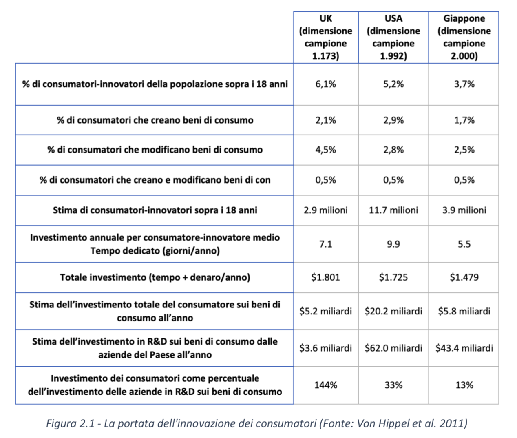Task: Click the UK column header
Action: click(326, 37)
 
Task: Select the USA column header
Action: click(393, 37)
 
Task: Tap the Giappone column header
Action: click(464, 37)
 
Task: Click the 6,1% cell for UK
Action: click(326, 84)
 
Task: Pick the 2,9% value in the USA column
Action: click(393, 120)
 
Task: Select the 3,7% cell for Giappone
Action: click(464, 84)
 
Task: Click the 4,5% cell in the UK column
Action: click(326, 150)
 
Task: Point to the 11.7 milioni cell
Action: click(393, 210)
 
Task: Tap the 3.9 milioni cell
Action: click(464, 210)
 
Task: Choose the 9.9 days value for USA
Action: click(393, 244)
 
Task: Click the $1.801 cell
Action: click(326, 277)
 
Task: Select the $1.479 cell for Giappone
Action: click(464, 277)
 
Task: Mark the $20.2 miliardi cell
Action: click(393, 311)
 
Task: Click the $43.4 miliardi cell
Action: click(464, 348)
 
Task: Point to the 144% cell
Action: click(326, 385)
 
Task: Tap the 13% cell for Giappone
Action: click(464, 385)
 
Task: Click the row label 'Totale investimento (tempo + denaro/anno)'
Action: click(155, 277)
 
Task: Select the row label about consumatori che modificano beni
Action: click(155, 150)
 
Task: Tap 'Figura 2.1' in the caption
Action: click(71, 423)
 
